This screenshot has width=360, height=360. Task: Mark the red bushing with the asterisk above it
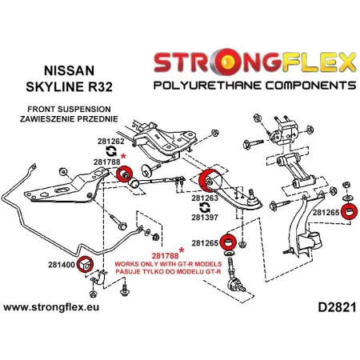(x=125, y=175)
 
